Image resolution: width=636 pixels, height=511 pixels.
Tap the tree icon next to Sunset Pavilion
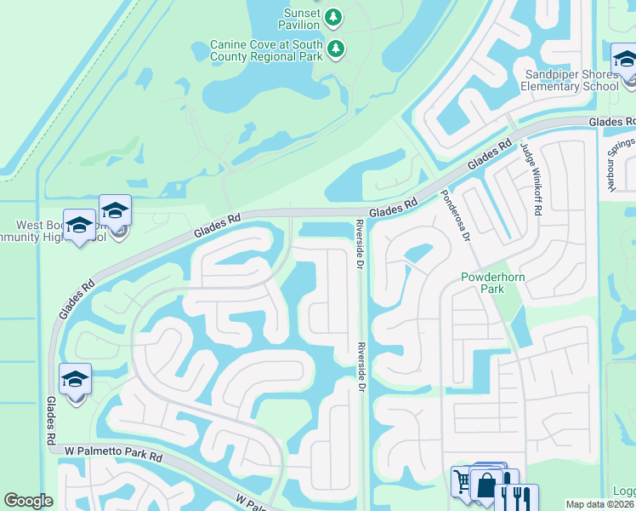[334, 16]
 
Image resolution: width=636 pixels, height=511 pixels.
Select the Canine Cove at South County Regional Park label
[267, 49]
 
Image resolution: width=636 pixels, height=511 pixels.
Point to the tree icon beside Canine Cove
[338, 49]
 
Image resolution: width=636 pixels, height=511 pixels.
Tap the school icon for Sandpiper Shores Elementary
[624, 60]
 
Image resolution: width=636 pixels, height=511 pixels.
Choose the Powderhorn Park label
[483, 283]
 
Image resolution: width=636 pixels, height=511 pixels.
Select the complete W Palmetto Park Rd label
[113, 456]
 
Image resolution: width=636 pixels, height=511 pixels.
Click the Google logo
[28, 501]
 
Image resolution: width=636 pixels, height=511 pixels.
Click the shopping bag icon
[486, 486]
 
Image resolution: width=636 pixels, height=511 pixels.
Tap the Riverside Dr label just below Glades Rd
[360, 245]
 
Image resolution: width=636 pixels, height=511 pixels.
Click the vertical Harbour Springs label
[615, 165]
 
